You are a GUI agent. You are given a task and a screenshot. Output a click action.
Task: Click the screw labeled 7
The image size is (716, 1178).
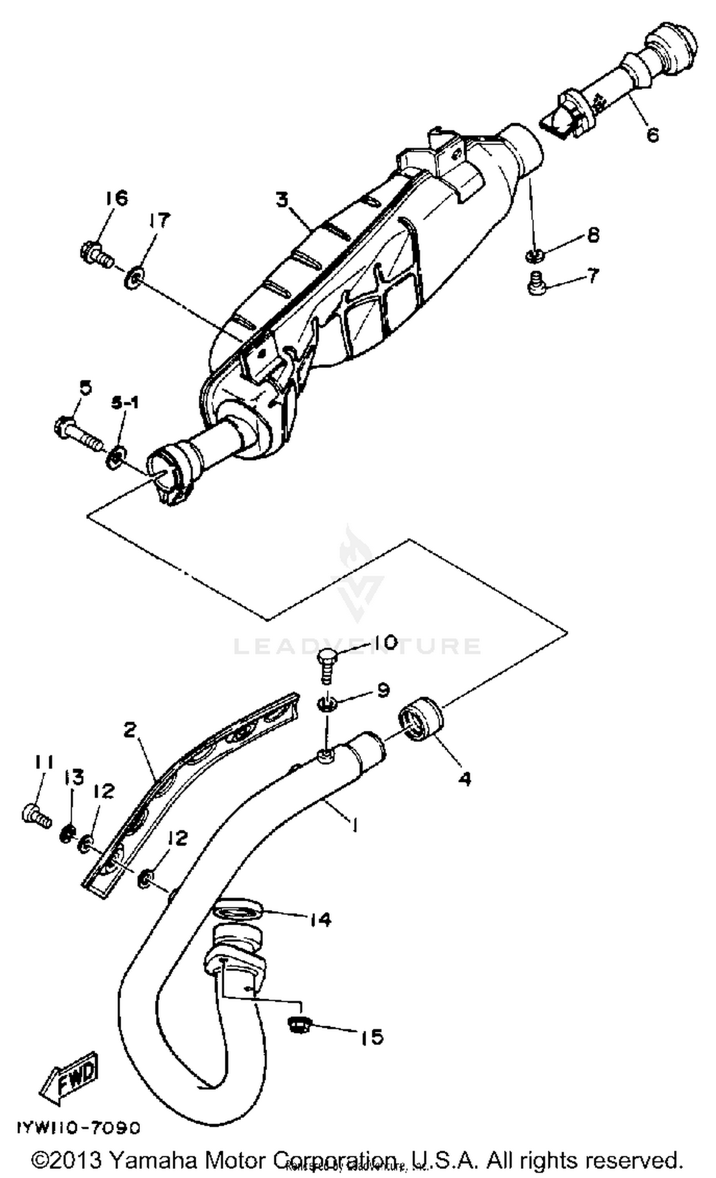(534, 286)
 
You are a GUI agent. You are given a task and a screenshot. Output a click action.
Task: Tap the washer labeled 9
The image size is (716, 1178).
(326, 703)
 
